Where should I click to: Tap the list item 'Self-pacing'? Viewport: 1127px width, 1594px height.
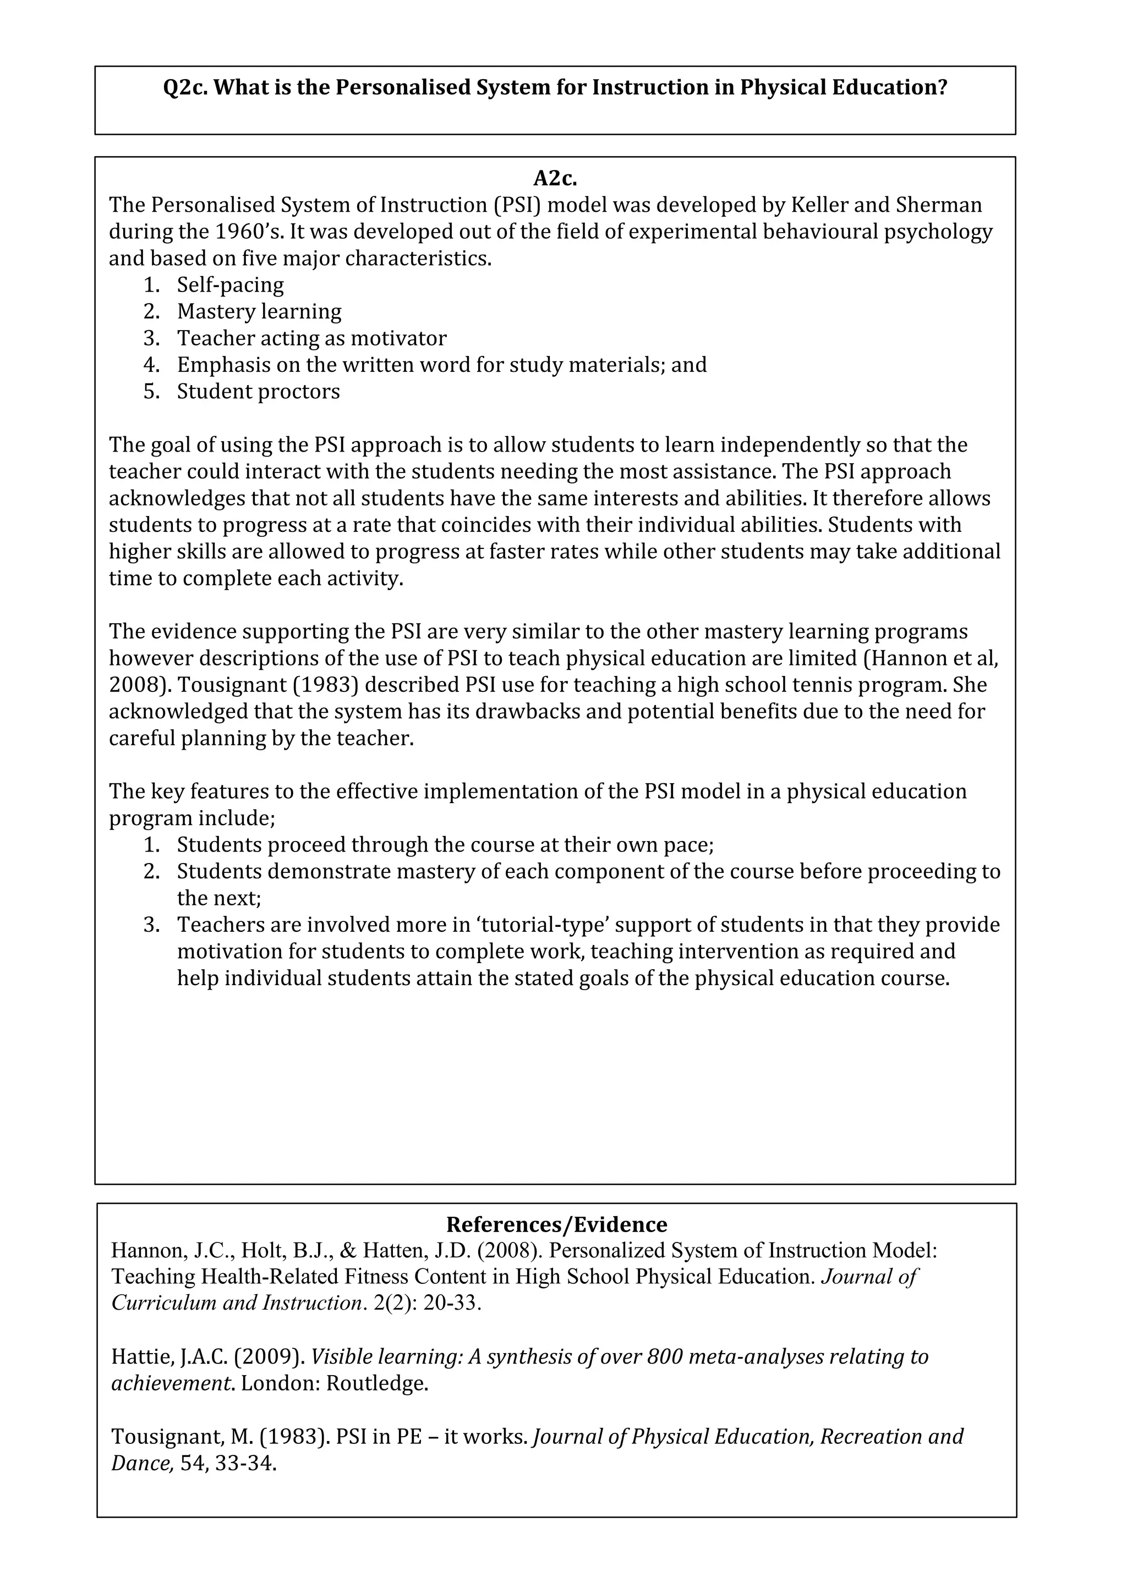pos(230,285)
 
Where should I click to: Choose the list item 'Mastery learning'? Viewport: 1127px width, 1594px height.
pos(259,312)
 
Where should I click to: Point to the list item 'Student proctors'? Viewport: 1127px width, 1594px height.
pos(258,392)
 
